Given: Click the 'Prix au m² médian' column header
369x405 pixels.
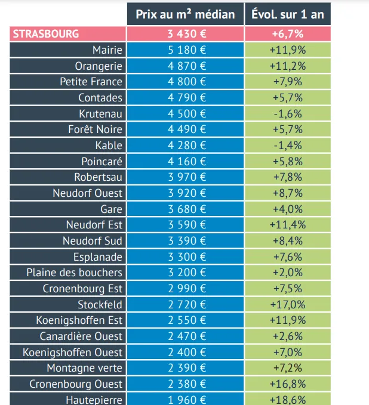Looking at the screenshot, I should click(185, 14).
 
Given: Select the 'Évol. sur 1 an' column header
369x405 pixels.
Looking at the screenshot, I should click(287, 14).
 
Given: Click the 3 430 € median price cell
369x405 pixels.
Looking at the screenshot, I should click(185, 34).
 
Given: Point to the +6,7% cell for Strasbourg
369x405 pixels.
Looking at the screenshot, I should click(287, 34).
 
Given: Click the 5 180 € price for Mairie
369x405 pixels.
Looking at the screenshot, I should click(185, 50).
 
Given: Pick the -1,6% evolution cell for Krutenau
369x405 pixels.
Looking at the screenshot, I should click(287, 114).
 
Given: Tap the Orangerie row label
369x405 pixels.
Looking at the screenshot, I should click(99, 66).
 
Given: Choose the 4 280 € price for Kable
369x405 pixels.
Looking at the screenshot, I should click(185, 146).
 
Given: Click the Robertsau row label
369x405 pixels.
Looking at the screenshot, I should click(98, 177).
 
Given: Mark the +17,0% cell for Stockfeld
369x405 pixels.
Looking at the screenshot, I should click(287, 305).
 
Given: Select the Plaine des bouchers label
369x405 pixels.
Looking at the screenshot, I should click(74, 273).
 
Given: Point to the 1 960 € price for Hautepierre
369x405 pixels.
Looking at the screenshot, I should click(185, 400).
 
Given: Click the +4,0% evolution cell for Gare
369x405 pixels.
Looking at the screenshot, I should click(287, 209).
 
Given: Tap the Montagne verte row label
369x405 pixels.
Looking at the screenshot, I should click(84, 368).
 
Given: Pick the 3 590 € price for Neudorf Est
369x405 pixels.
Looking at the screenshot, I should click(185, 225).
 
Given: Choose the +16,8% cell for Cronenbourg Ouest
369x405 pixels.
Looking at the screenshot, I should click(287, 384).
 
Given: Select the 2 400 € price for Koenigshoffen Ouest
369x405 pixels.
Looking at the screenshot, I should click(185, 353).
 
